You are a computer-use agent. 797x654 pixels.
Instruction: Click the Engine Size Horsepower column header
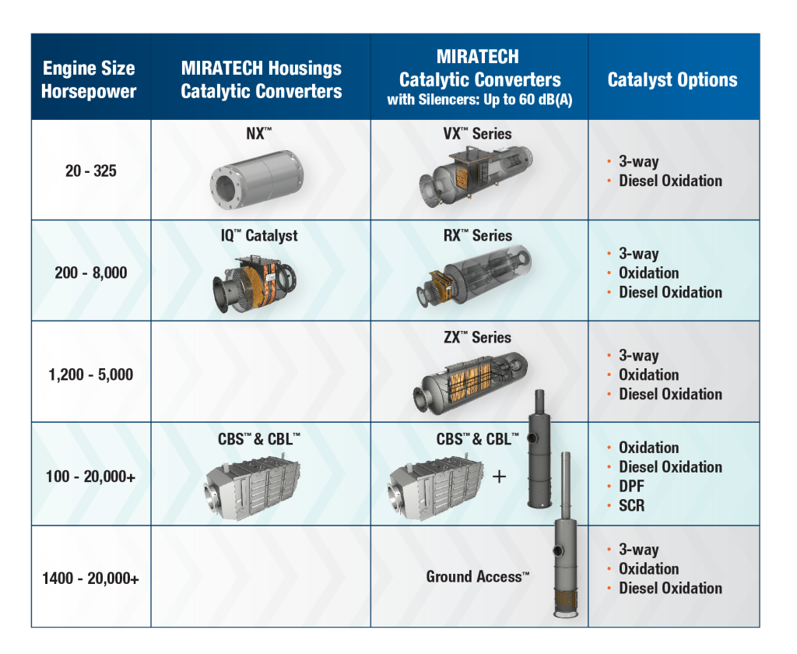click(89, 79)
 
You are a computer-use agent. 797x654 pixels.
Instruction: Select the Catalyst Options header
click(672, 79)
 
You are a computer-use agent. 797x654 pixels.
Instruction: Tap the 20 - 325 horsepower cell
click(91, 171)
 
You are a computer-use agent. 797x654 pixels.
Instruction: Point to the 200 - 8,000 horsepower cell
click(91, 272)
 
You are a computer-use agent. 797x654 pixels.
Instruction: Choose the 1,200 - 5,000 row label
click(91, 374)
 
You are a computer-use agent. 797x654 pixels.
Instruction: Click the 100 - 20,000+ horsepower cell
click(91, 476)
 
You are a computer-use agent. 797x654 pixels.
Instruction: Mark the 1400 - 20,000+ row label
click(91, 578)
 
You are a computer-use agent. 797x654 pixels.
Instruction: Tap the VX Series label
click(478, 134)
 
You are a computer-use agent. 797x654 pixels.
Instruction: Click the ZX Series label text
click(478, 337)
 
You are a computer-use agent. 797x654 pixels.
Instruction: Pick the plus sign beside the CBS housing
click(499, 476)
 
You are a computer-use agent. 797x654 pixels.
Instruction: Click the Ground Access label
click(477, 577)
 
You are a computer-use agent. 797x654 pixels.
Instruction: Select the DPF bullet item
click(631, 486)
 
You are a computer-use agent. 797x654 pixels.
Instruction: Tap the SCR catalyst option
click(631, 505)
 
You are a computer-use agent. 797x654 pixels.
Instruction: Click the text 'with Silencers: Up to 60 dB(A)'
click(479, 100)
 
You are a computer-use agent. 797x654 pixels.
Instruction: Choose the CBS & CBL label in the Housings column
click(259, 439)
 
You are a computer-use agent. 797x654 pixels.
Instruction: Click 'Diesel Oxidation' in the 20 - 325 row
click(670, 181)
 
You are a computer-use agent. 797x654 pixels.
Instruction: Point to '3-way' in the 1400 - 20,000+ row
click(638, 550)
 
